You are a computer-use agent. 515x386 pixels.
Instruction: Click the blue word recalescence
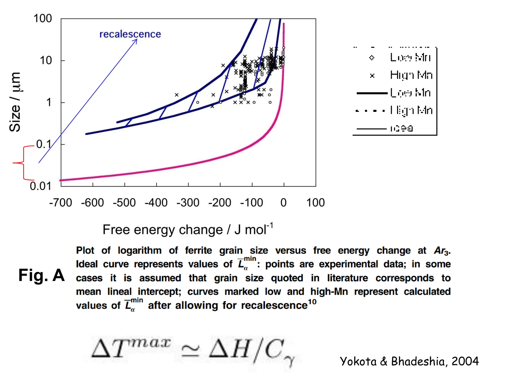130,34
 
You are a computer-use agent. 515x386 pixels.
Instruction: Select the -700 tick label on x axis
61,203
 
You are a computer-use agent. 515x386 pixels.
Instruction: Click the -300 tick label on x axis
188,203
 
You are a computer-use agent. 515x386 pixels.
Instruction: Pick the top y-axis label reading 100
43,19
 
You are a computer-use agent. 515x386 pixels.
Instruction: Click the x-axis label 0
283,203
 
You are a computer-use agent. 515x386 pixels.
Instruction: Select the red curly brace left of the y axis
23,163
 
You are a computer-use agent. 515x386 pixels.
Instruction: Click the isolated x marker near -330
177,95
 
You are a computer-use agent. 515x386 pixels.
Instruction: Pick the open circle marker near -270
198,102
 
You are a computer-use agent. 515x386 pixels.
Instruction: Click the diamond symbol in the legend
372,58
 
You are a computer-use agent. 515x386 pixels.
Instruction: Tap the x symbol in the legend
372,75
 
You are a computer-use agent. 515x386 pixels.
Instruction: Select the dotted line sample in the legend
370,111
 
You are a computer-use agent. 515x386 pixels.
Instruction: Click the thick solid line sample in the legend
372,93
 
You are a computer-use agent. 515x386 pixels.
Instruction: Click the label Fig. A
41,275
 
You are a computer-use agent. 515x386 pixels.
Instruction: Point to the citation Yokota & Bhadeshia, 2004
409,361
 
